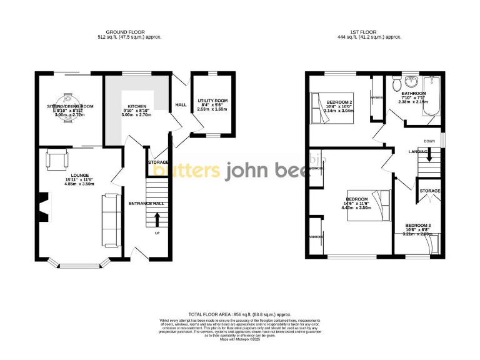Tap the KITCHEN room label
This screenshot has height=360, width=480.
pos(137,106)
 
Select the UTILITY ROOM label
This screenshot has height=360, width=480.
pos(213,101)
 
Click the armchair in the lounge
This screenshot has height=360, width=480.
pos(57,159)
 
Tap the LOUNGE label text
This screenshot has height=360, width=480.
pos(79,176)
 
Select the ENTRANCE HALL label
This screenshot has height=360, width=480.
pos(146,204)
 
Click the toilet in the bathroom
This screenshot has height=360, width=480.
pos(395,84)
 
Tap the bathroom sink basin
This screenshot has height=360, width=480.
pos(412,82)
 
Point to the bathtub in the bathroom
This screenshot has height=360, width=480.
pos(432,96)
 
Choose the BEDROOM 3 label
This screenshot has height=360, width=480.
pos(417,225)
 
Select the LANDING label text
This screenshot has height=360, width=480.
pos(418,151)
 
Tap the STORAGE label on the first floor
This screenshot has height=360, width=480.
pos(430,191)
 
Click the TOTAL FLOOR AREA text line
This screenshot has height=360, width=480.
pos(239,314)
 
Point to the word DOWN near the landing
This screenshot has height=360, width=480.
pos(429,141)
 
